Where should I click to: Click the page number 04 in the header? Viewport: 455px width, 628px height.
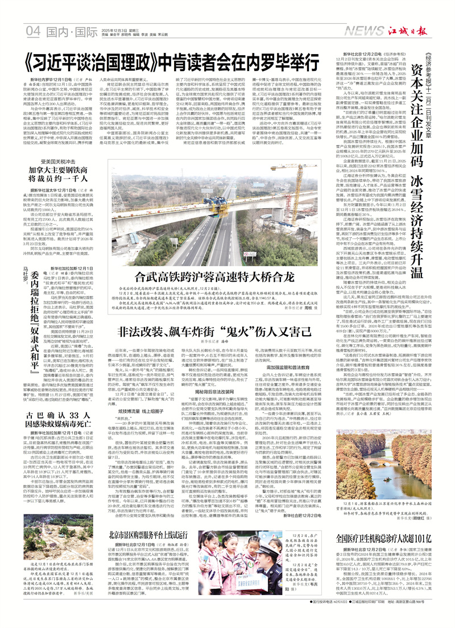click(x=35, y=30)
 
